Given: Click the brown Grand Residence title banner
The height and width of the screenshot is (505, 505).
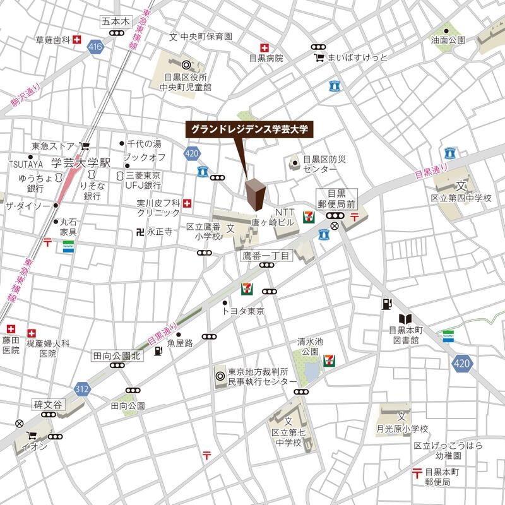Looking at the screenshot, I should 249,129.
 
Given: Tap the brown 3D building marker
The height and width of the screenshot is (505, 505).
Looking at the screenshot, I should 256,194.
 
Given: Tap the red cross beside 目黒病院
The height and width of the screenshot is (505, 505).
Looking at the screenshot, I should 264,48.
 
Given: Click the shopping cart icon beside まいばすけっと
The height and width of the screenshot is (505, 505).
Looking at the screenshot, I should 319,57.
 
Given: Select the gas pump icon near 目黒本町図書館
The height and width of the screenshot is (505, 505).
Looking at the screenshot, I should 386,304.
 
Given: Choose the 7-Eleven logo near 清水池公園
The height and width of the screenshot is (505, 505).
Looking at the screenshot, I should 329,360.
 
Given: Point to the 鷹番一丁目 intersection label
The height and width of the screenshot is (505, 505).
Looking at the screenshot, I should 266,256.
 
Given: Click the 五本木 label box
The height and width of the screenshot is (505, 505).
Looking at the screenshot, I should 115,21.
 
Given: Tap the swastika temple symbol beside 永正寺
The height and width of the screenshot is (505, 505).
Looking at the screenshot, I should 139,232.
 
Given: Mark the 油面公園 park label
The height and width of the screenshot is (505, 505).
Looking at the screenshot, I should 448,40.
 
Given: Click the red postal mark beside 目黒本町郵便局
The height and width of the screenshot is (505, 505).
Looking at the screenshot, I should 416,472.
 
